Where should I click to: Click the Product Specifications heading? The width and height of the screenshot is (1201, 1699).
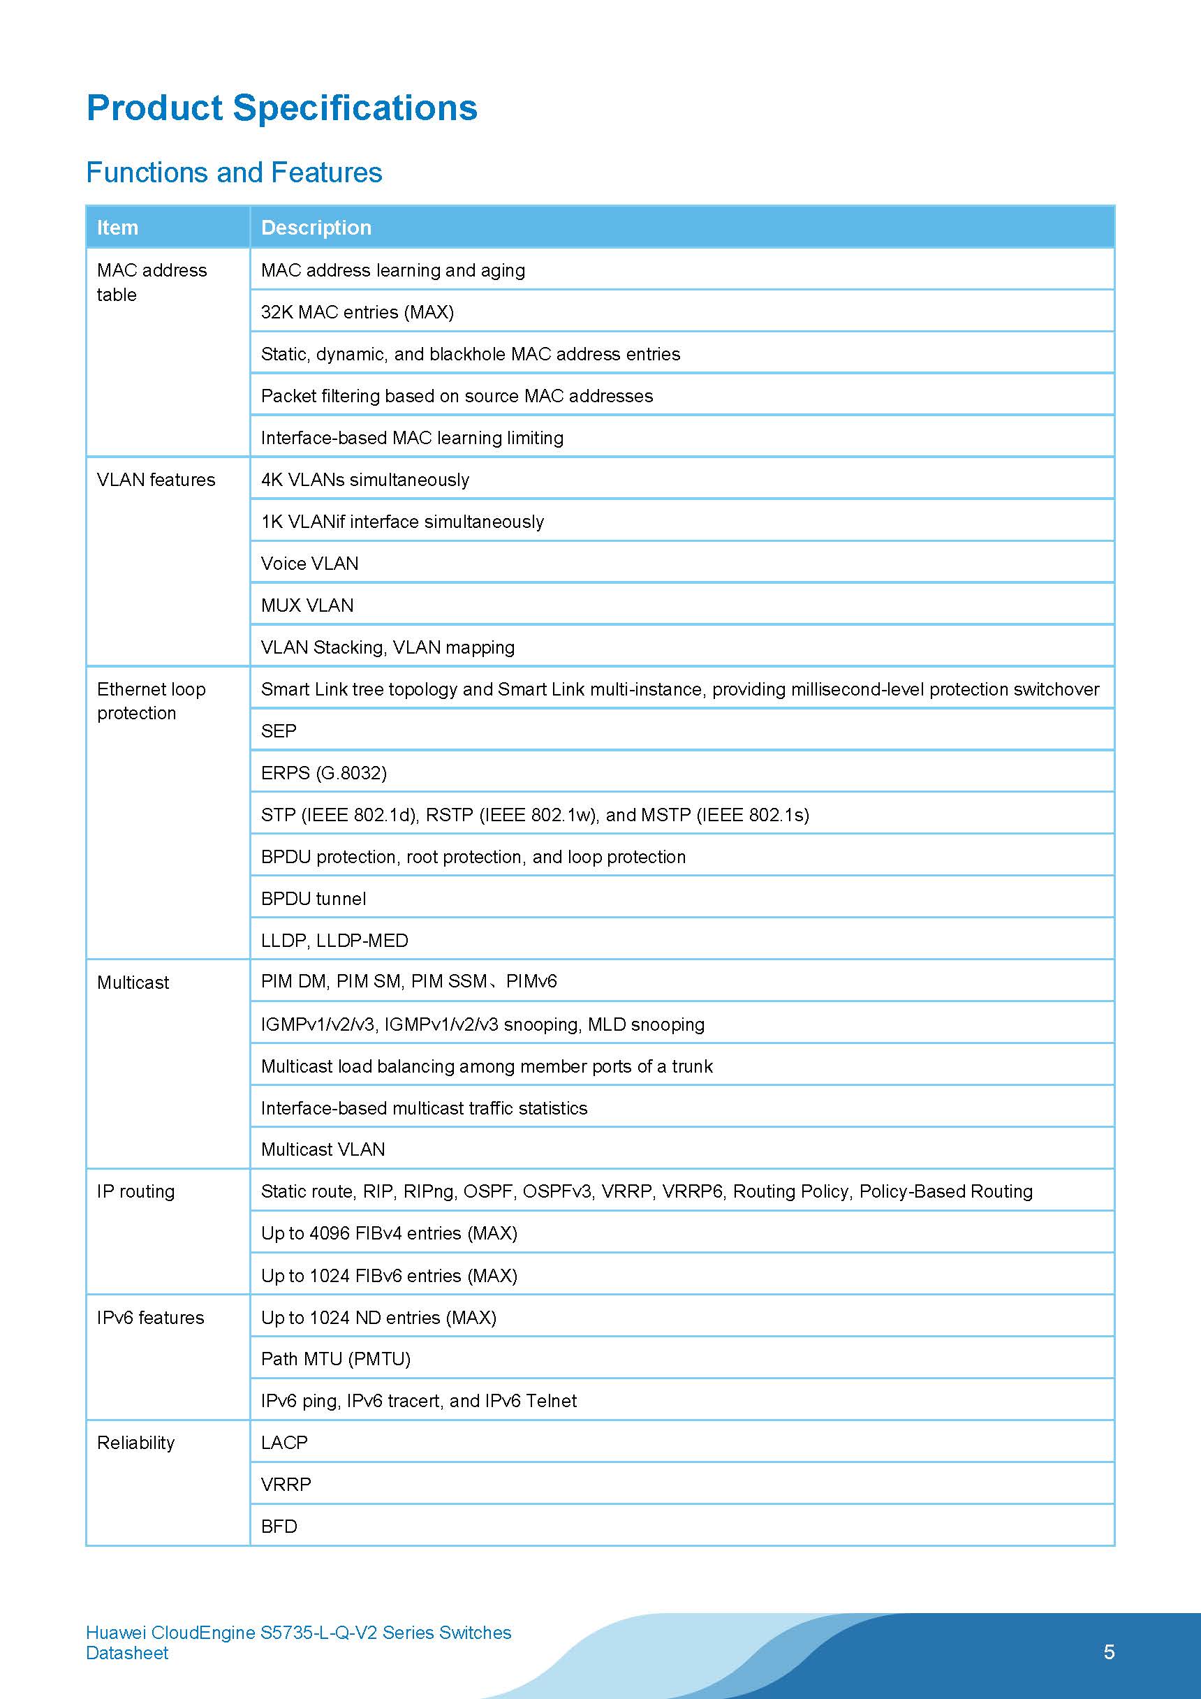coord(281,108)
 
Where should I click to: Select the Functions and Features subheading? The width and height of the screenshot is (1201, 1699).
coord(234,172)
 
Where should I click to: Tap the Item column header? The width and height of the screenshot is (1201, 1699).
coord(118,228)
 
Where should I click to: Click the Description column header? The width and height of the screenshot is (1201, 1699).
coord(316,228)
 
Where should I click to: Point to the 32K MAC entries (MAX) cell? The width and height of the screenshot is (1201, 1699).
coord(358,312)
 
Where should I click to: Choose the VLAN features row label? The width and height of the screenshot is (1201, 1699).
coord(156,480)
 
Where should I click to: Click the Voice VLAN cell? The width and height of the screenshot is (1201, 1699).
coord(309,564)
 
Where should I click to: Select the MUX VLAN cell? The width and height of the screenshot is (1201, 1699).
coord(307,605)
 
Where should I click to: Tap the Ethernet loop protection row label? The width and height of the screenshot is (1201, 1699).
coord(151,701)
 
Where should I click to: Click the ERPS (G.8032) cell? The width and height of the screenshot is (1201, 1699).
coord(323,773)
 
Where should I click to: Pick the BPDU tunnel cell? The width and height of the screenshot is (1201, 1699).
coord(313,899)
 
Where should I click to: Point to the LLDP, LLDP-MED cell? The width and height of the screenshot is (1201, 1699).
coord(334,941)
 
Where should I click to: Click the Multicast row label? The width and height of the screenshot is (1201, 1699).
coord(133,983)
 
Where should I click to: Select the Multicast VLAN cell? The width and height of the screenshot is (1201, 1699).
coord(323,1149)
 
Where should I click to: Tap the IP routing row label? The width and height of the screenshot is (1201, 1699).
coord(136,1191)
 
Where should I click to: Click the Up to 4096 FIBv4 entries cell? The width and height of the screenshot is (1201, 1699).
coord(389,1233)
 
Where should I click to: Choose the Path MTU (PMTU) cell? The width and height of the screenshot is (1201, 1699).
coord(335,1359)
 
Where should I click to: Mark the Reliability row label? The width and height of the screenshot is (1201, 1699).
coord(136,1442)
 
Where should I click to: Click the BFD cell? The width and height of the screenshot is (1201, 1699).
coord(279,1527)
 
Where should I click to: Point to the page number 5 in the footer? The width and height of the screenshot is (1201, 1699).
coord(1109,1652)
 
